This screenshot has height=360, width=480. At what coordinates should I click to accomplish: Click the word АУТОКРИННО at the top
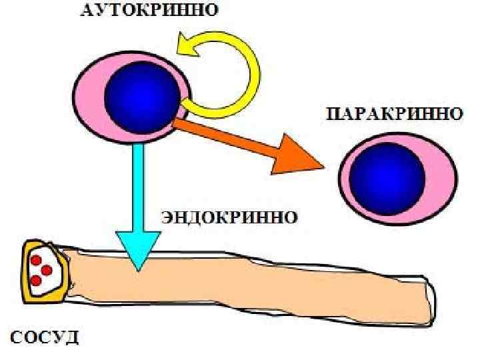[152, 11]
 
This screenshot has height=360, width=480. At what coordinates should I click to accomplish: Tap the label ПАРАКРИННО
[394, 114]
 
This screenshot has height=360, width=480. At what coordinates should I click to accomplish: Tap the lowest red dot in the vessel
[37, 281]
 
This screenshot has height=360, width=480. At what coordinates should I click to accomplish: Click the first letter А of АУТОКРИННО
[86, 11]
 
